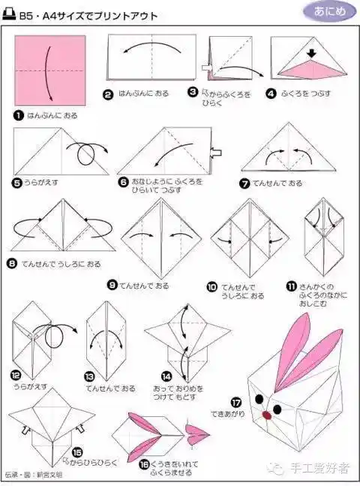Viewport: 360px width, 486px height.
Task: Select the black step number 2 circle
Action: click(x=108, y=94)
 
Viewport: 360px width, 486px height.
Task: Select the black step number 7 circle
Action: click(x=244, y=183)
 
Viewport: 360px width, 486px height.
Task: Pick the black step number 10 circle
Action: click(x=212, y=287)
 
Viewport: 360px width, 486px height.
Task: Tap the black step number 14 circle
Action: click(x=165, y=375)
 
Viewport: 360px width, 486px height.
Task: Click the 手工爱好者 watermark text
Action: click(x=321, y=469)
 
